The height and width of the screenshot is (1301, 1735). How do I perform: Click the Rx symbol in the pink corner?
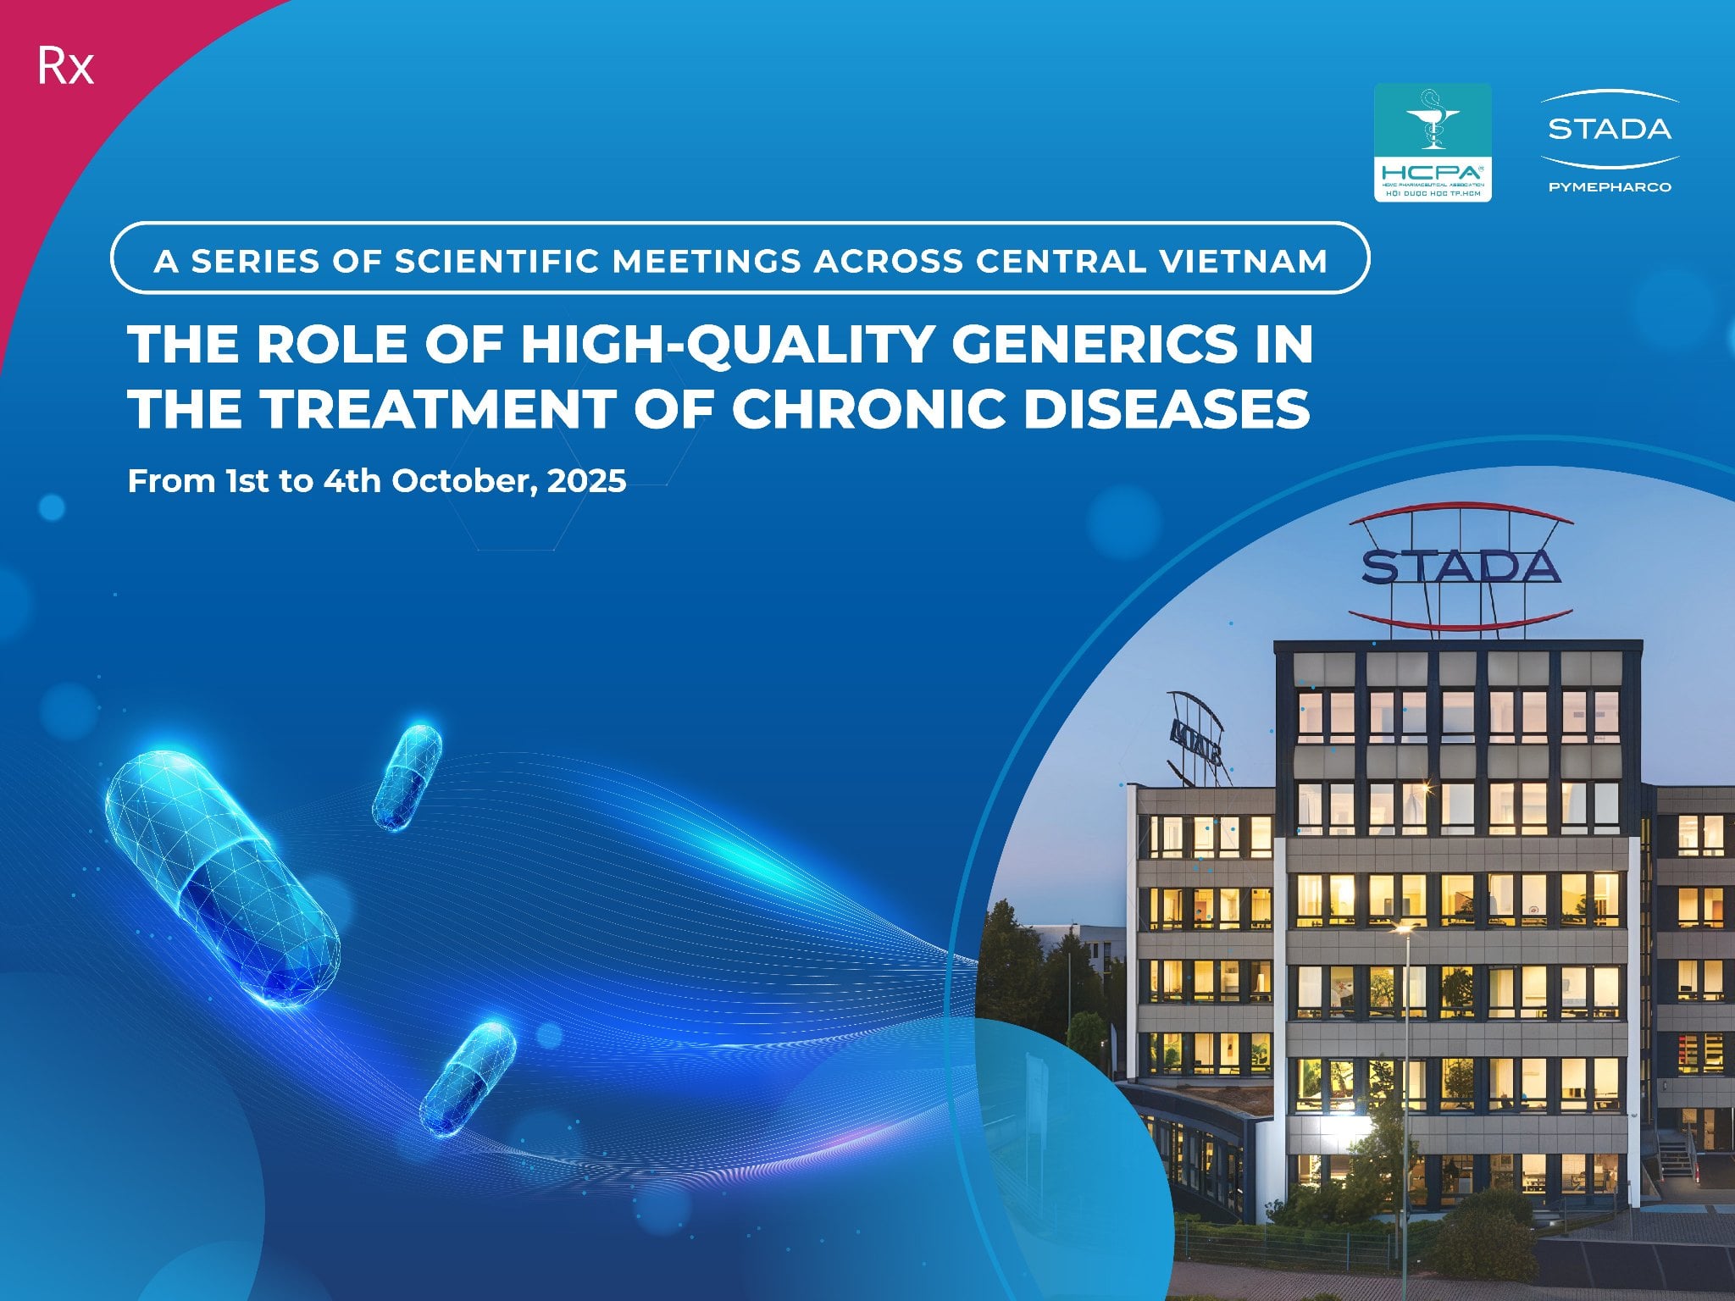pyautogui.click(x=65, y=68)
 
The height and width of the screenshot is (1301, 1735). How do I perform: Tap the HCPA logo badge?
pyautogui.click(x=1432, y=141)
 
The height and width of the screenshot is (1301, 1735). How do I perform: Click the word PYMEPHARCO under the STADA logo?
pyautogui.click(x=1610, y=186)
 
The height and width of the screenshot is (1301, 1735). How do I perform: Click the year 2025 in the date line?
pyautogui.click(x=586, y=481)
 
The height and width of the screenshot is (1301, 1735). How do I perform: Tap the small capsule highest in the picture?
pyautogui.click(x=407, y=775)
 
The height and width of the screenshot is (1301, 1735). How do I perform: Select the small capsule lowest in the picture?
pyautogui.click(x=468, y=1077)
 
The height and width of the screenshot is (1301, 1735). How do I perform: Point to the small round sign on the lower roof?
pyautogui.click(x=1195, y=737)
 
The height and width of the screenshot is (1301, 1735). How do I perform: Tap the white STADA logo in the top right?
pyautogui.click(x=1610, y=129)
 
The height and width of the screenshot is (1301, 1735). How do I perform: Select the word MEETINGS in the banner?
pyautogui.click(x=707, y=261)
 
